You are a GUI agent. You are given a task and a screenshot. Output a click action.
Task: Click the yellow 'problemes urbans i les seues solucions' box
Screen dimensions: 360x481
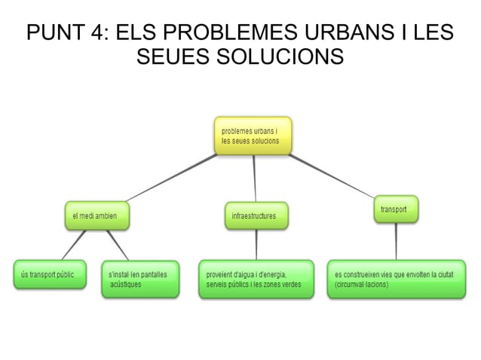(x=252, y=136)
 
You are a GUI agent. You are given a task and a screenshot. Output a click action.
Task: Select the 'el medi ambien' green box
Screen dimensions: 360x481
(x=96, y=216)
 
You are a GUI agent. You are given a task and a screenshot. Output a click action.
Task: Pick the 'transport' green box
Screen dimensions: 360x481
(x=395, y=210)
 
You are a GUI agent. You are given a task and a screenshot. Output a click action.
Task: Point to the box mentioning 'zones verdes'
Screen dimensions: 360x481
(x=255, y=279)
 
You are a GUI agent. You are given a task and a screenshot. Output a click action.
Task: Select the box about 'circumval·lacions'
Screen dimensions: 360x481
(x=395, y=279)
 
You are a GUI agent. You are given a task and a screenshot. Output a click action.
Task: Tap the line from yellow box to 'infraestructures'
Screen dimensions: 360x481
(x=254, y=179)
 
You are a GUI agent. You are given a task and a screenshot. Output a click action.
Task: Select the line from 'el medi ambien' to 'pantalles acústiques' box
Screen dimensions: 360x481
(x=118, y=244)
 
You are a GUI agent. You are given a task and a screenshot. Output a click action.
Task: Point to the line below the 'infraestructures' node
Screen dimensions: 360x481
(x=256, y=244)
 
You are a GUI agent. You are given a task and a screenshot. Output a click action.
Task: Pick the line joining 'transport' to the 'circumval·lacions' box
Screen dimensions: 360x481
(x=396, y=241)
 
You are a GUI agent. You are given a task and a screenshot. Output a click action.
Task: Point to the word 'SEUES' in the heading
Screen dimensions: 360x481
(x=172, y=57)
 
